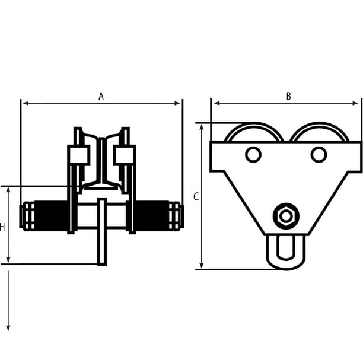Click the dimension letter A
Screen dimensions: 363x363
[101, 96]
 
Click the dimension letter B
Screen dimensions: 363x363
[288, 96]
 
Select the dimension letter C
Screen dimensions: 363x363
[196, 196]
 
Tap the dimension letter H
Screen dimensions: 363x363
[2, 227]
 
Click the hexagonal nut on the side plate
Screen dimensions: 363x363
[286, 216]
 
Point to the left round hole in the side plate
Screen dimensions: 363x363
[253, 155]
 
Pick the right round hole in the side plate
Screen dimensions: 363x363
[319, 155]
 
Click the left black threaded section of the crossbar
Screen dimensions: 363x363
[51, 216]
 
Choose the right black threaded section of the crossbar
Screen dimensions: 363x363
[152, 216]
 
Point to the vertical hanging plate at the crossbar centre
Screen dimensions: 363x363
[102, 231]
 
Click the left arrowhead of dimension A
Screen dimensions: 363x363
[25, 103]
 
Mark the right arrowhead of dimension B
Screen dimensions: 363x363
[355, 103]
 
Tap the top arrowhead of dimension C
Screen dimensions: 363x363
[202, 127]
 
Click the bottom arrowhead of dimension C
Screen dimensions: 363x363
[202, 265]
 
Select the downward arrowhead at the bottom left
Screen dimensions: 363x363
[8, 328]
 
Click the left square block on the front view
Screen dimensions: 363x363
[79, 155]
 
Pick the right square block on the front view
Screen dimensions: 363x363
[125, 155]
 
